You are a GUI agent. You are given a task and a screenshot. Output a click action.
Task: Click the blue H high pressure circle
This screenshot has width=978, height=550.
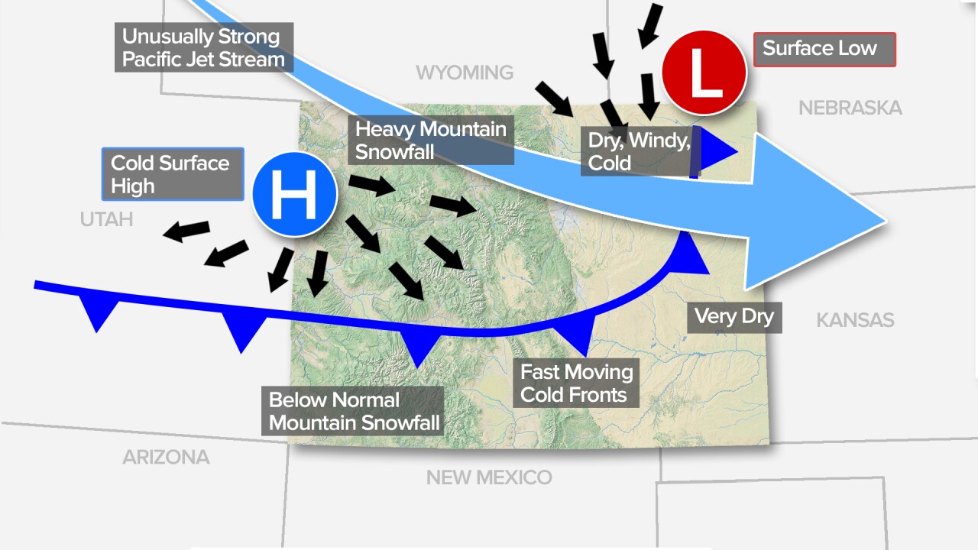[x=295, y=196]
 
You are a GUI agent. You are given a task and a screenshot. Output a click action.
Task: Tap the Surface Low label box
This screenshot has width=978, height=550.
[x=824, y=49]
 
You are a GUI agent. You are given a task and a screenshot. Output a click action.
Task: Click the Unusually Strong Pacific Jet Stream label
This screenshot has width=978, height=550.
[x=203, y=47]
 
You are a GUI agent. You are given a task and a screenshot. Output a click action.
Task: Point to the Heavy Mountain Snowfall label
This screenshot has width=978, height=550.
[x=430, y=140]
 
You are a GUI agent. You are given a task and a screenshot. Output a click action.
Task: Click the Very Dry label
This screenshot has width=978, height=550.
[x=734, y=315]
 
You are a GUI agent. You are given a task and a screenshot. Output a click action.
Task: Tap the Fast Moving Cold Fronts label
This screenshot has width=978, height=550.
[x=576, y=383]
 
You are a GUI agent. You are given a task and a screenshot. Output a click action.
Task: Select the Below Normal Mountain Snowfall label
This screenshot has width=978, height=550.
[x=352, y=411]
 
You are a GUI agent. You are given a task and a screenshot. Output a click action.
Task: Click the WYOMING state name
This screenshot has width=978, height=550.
[x=465, y=73]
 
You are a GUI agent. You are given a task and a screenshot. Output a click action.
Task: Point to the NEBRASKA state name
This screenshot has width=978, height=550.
[x=850, y=108]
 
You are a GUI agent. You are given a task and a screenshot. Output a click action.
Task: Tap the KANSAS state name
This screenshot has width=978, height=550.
[x=855, y=319]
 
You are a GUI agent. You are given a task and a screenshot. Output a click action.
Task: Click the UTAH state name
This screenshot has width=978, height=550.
[x=106, y=220]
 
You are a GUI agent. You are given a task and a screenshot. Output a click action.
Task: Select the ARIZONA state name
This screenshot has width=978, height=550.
[x=166, y=458]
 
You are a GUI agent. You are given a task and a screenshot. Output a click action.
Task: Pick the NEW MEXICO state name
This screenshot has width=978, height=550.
[x=488, y=477]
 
